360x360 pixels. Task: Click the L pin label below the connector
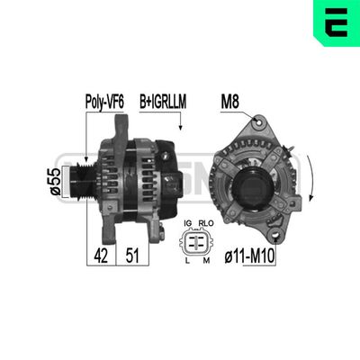tap(187, 260)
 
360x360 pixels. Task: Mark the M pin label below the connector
tap(206, 260)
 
